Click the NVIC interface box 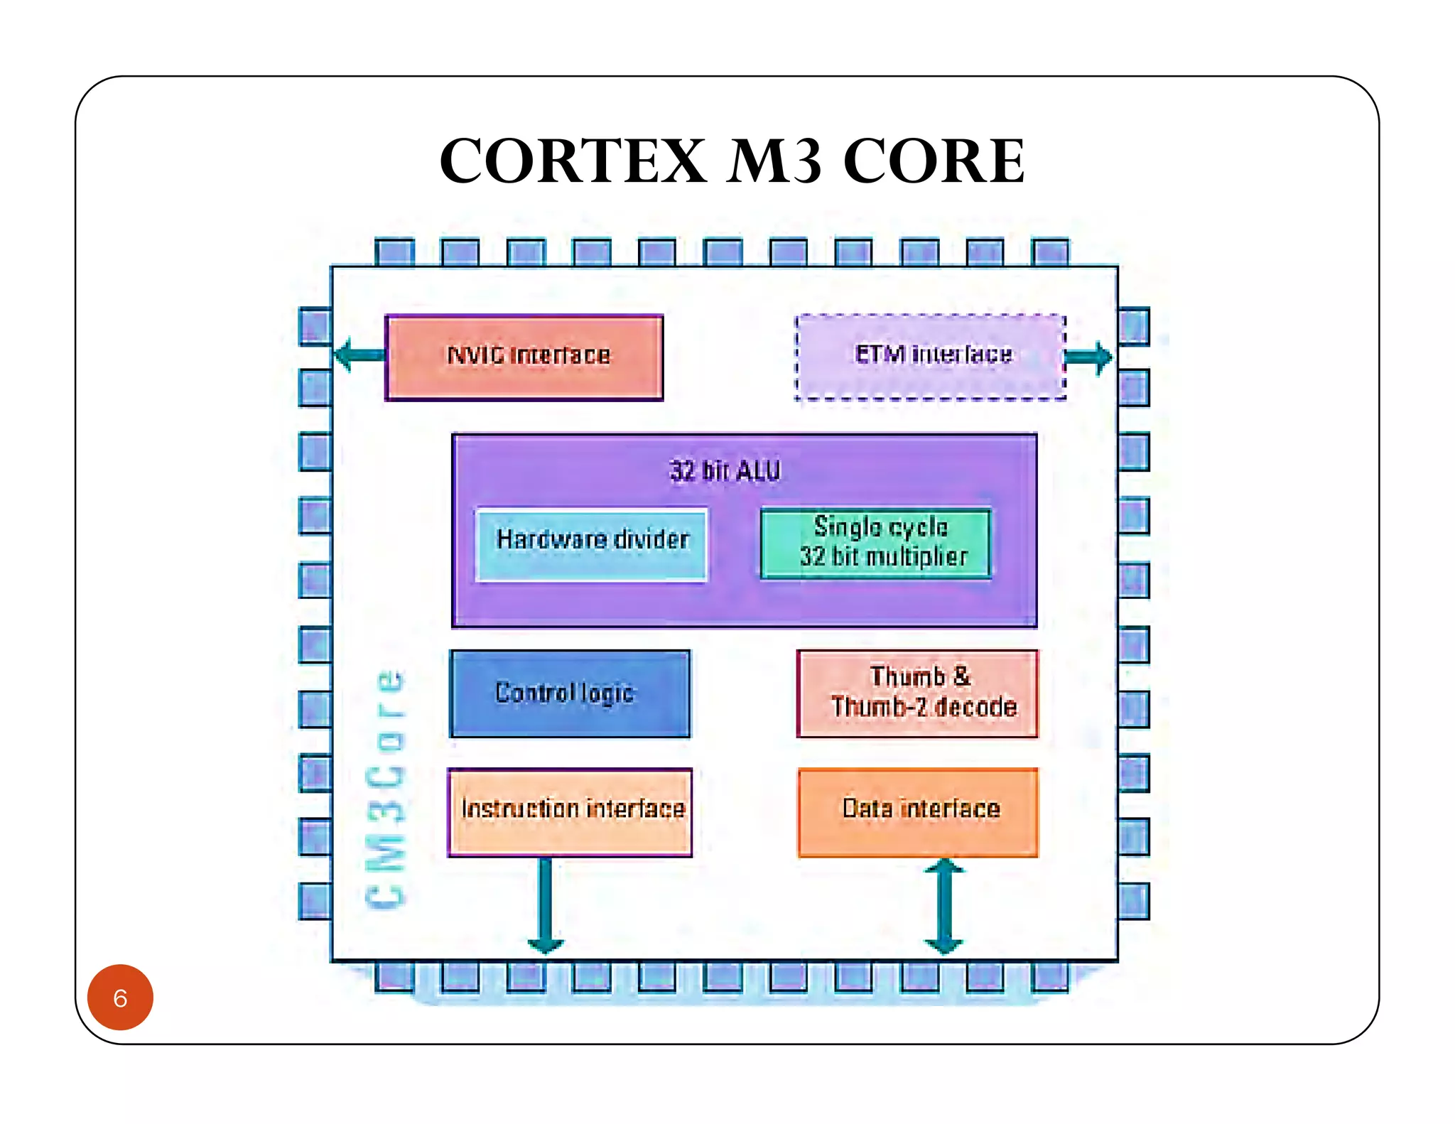click(x=524, y=357)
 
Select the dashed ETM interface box click(x=930, y=357)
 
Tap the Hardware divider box click(x=592, y=544)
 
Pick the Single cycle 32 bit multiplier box click(x=876, y=543)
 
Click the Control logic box click(x=570, y=693)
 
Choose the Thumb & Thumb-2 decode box click(x=918, y=693)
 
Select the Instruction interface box click(x=570, y=811)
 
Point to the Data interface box click(x=918, y=811)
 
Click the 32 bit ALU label click(x=725, y=470)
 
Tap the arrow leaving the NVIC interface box click(x=359, y=355)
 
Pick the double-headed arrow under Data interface click(x=944, y=905)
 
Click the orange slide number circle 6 click(x=120, y=997)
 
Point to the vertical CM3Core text click(x=386, y=789)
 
